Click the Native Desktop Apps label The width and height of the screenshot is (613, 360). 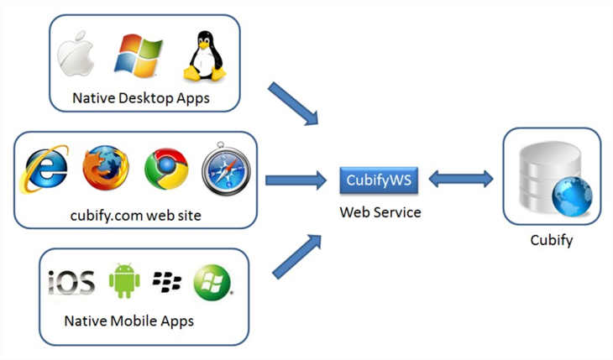(141, 98)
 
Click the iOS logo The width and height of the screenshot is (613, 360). (71, 282)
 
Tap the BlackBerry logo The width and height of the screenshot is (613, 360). (167, 282)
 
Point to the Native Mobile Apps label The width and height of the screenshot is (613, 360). (129, 321)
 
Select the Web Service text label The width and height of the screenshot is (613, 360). (380, 212)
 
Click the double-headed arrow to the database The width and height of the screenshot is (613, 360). (462, 179)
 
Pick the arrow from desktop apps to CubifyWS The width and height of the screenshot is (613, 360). (294, 105)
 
